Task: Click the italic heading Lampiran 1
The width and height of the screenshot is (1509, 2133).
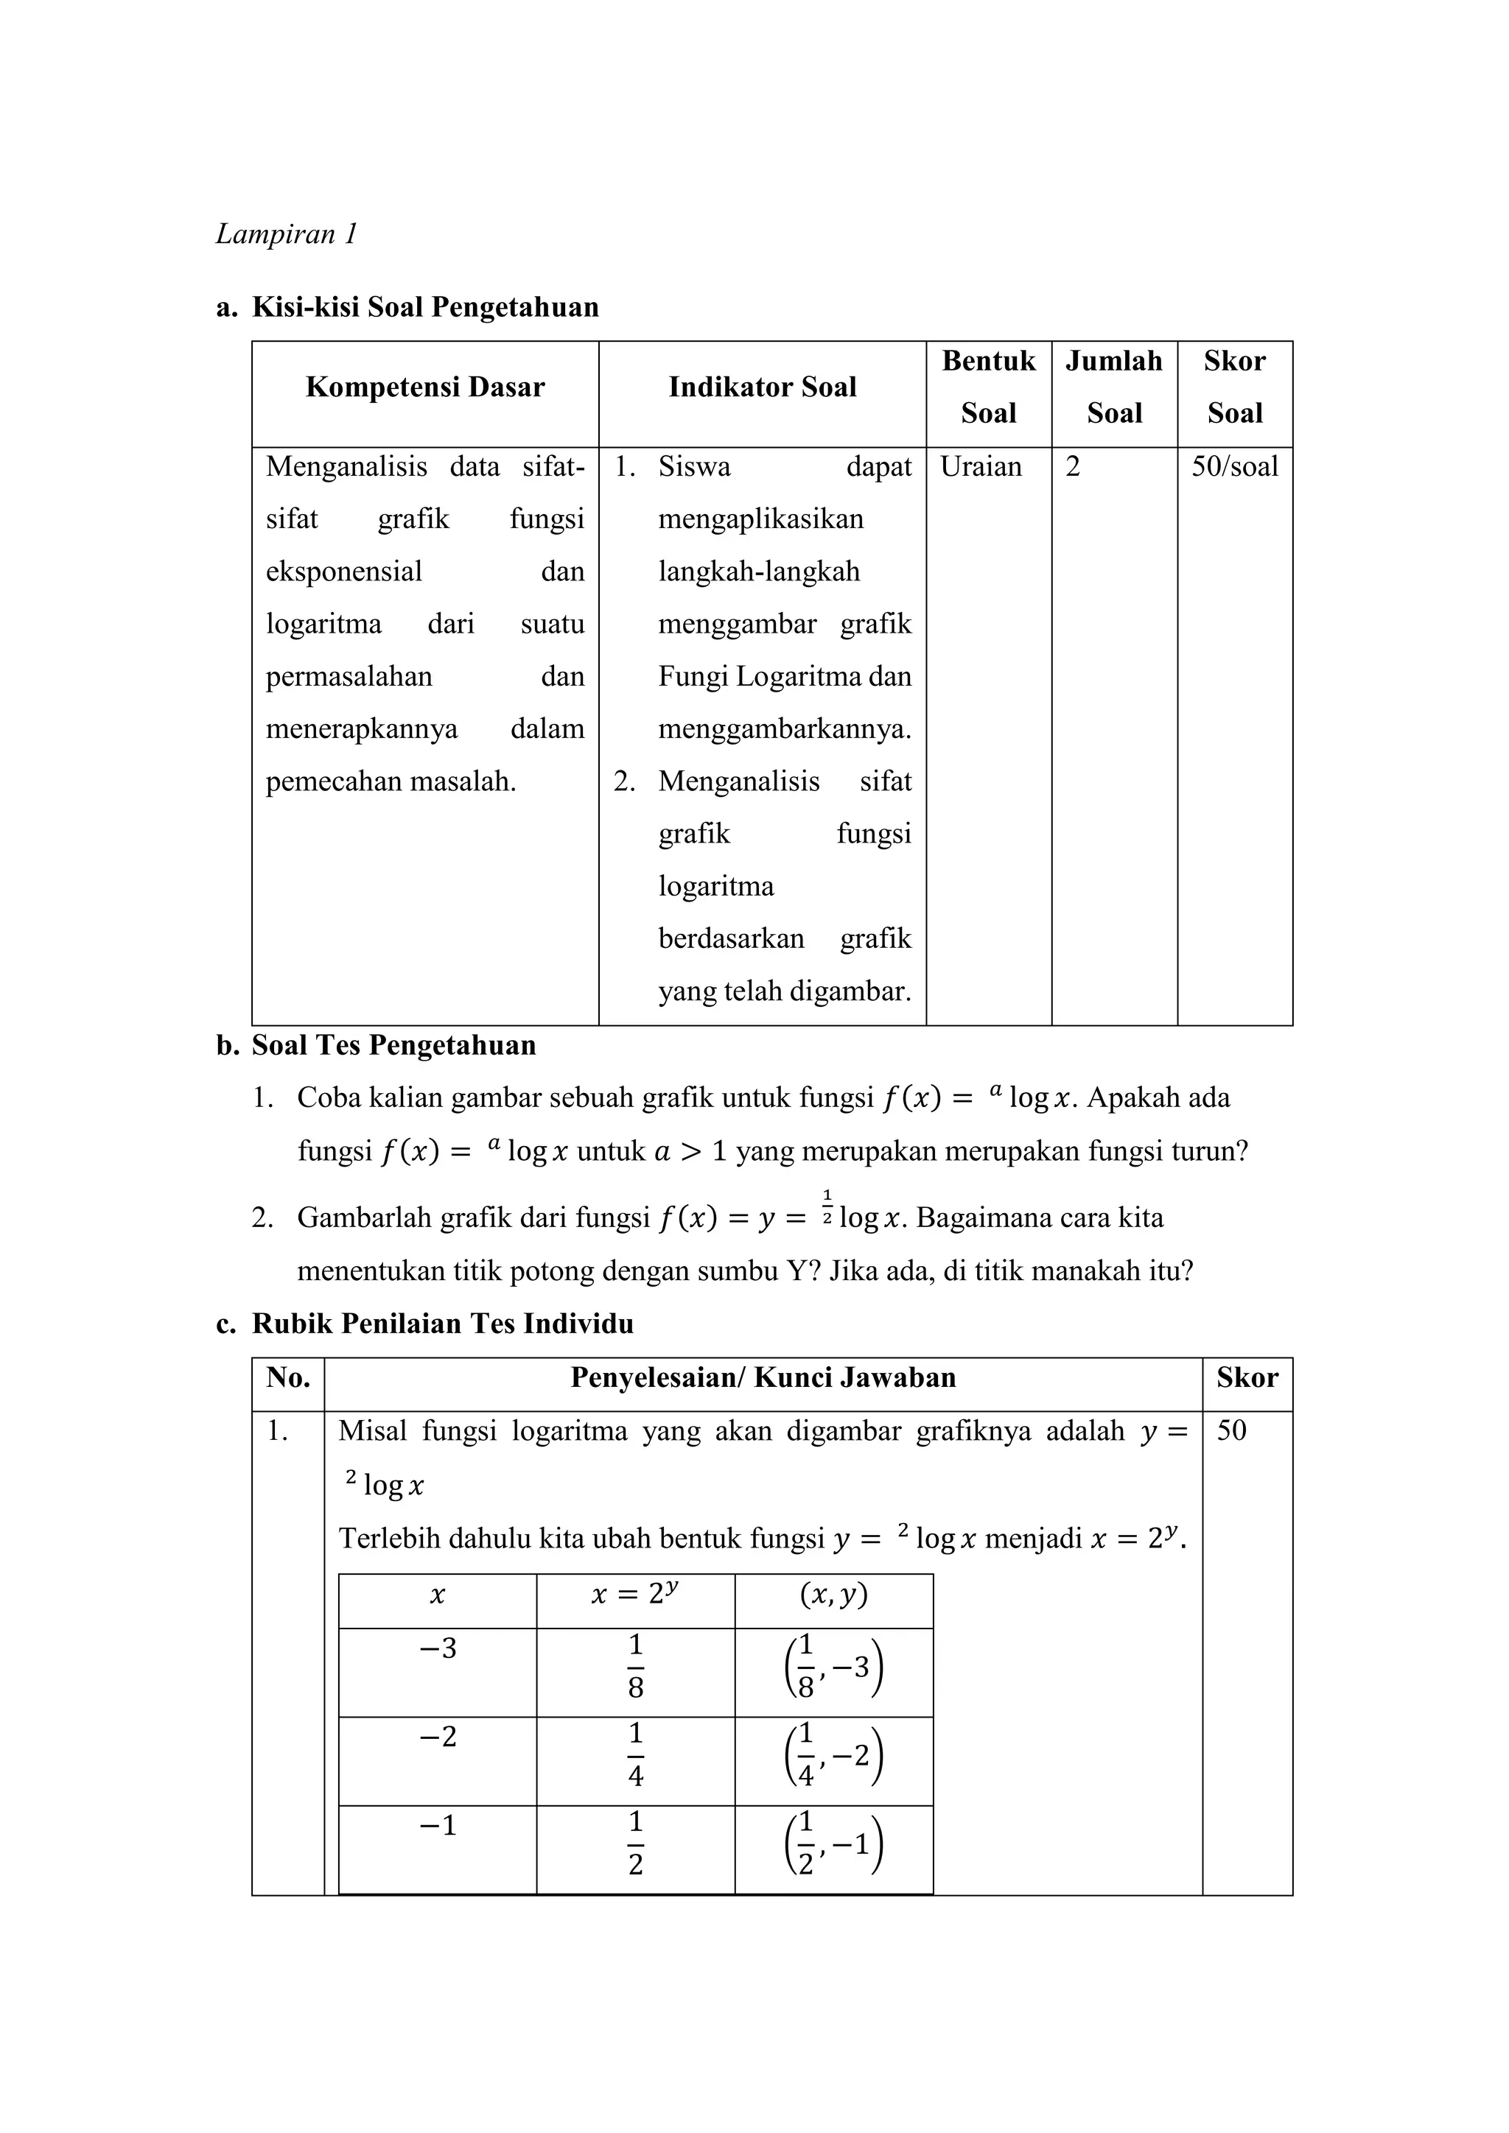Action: tap(286, 234)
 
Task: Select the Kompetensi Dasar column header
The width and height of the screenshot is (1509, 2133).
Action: tap(424, 387)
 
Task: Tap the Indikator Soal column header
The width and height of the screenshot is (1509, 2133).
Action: tap(762, 387)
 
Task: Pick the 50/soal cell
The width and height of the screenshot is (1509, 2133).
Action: tap(1234, 466)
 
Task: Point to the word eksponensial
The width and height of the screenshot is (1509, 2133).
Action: tap(344, 572)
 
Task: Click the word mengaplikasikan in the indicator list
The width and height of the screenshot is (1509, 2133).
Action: tap(761, 519)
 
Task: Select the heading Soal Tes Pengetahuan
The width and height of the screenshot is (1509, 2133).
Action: tap(394, 1045)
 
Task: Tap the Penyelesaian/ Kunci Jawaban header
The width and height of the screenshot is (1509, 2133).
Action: tap(763, 1378)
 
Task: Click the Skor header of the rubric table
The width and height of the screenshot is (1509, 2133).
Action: tap(1247, 1378)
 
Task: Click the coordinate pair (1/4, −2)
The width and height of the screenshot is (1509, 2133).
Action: tap(833, 1757)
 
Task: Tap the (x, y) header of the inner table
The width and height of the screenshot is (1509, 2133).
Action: tap(833, 1596)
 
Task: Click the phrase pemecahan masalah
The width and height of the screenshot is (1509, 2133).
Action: tap(391, 782)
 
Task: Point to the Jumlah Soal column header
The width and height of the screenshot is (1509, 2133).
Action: tap(1113, 387)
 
